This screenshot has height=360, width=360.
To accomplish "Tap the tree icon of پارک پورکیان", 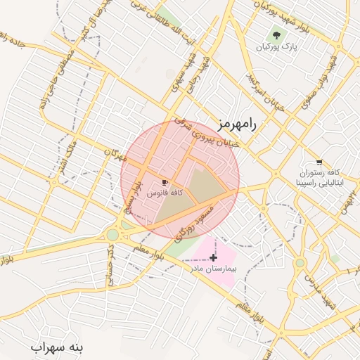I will [276, 35].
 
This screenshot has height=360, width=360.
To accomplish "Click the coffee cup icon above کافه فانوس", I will [165, 182].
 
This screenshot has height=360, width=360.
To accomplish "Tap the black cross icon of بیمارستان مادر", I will [214, 258].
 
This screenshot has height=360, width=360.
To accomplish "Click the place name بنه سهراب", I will [57, 347].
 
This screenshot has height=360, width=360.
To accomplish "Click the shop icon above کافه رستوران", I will [320, 161].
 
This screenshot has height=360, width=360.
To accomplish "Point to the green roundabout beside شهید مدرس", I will [300, 263].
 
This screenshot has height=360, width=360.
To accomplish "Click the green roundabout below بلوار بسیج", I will [112, 235].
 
